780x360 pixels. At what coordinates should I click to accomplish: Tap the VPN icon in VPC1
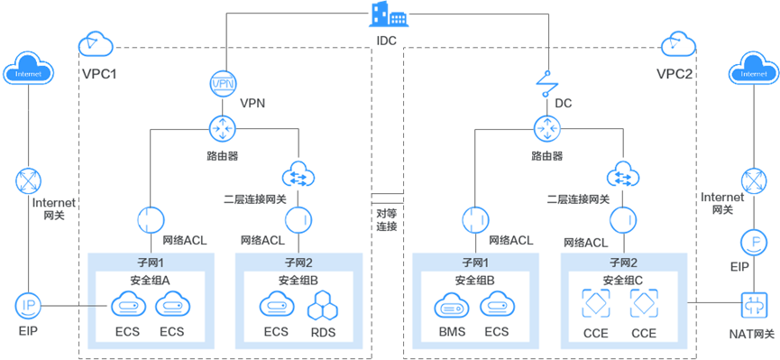tap(222, 84)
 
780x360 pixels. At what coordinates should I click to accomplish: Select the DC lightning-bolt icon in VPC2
tap(546, 84)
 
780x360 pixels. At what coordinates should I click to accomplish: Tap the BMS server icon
tap(454, 307)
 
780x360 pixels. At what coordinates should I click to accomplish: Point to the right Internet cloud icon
tap(754, 69)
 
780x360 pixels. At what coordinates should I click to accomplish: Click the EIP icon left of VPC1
tap(24, 305)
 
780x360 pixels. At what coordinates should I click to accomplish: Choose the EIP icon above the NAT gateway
tap(752, 242)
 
